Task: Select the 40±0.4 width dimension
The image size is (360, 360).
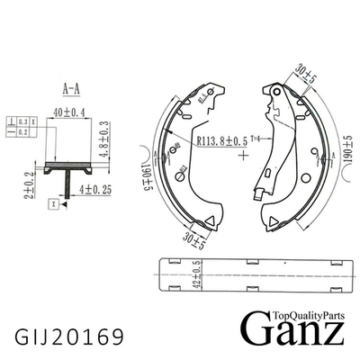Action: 70,112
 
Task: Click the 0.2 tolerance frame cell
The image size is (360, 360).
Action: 23,130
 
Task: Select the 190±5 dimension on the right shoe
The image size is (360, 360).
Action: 346,157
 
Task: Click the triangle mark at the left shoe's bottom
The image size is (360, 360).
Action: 208,222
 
